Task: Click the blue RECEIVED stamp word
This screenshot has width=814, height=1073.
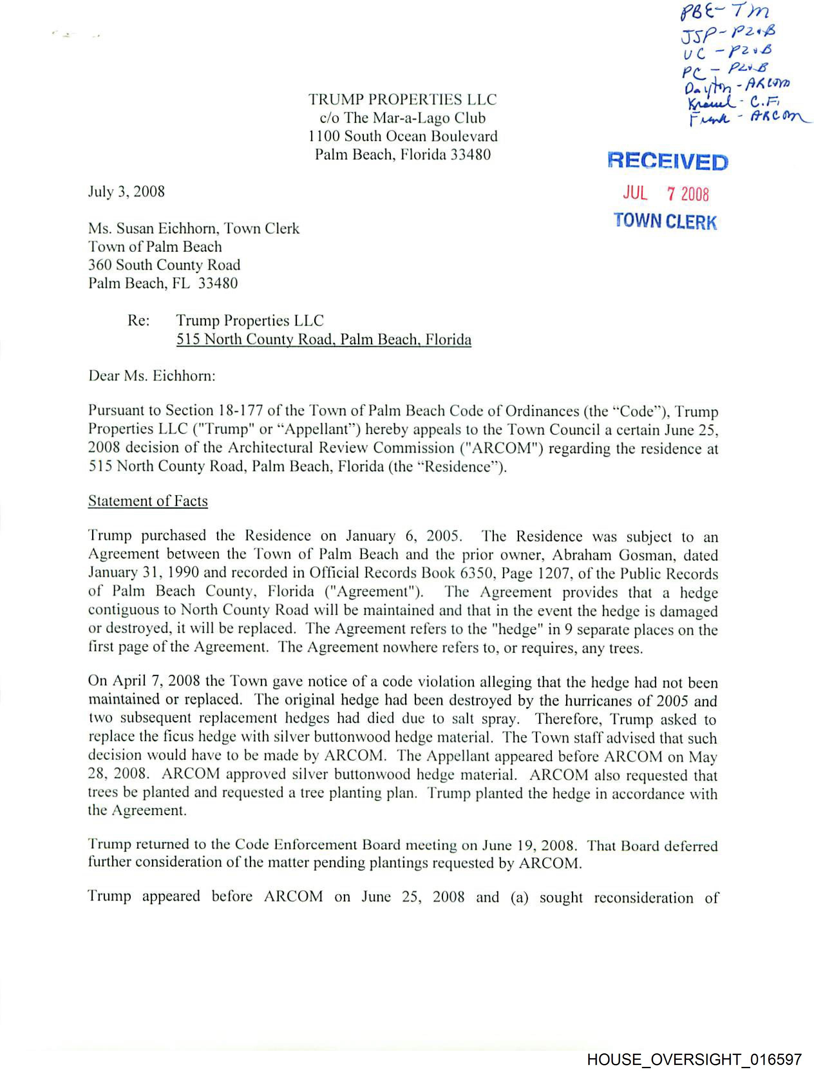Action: coord(667,162)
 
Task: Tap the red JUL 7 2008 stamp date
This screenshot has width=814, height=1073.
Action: coord(666,194)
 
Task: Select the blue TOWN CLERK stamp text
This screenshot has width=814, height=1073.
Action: coord(665,221)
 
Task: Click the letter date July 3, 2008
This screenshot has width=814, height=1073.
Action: coord(126,192)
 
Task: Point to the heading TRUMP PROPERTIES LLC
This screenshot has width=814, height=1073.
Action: coord(402,99)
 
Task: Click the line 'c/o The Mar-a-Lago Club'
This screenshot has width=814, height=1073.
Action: coord(402,118)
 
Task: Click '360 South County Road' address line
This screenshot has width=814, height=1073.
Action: coord(164,265)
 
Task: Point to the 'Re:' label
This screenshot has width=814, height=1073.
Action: coord(138,321)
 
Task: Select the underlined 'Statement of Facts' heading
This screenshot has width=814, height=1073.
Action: coord(148,501)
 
